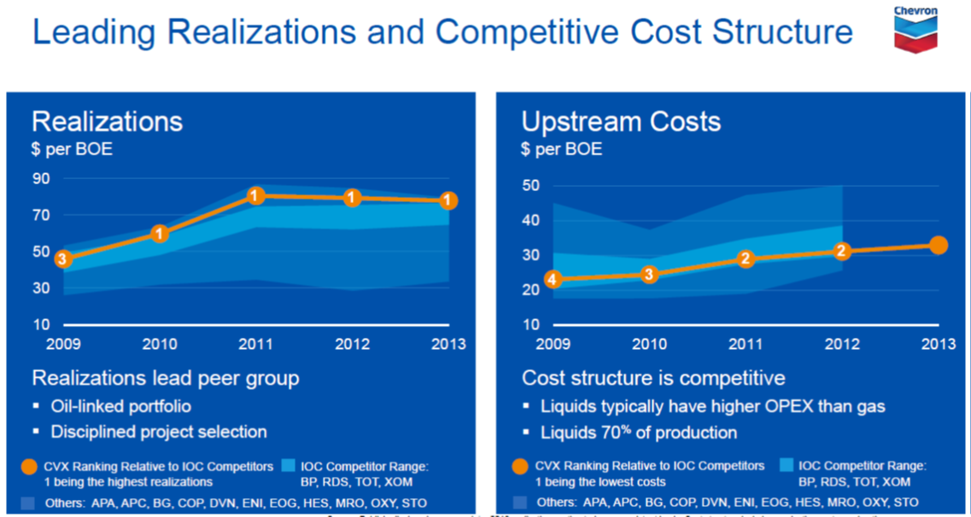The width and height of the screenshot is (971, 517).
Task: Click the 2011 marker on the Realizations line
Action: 255,196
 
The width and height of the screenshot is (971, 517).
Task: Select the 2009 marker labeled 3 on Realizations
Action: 62,258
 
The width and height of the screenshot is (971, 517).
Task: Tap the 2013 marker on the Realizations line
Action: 448,201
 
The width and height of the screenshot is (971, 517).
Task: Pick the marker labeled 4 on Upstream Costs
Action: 553,279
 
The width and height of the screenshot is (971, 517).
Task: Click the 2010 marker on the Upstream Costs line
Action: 649,274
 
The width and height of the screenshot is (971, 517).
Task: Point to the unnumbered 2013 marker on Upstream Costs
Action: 939,246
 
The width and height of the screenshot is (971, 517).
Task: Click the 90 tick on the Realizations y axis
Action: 42,179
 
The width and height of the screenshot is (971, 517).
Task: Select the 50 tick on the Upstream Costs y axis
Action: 531,186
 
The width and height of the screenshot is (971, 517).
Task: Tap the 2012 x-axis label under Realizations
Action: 352,344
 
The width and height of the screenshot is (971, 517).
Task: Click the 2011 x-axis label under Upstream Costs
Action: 746,344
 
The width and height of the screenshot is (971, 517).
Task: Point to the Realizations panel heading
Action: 107,121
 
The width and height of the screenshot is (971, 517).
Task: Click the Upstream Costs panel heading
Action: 621,121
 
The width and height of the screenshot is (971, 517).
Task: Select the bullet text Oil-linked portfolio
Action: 120,406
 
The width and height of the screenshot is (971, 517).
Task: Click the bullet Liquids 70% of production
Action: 639,433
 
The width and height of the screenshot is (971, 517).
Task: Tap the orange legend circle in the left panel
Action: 29,467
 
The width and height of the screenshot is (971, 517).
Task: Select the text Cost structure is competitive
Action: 653,378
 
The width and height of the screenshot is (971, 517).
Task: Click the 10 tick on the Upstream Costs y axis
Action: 531,325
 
